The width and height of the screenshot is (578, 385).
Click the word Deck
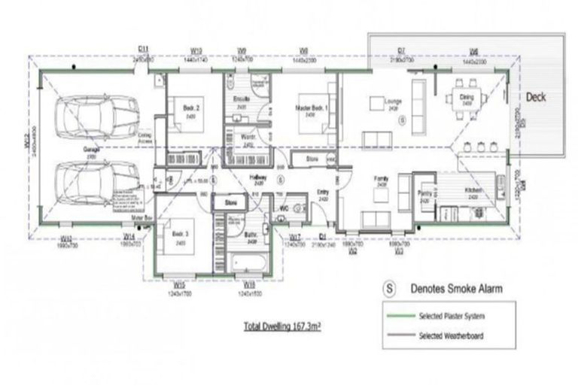[x=535, y=97]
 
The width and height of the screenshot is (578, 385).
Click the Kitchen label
[x=473, y=190]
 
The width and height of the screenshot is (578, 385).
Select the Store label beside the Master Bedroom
[x=312, y=159]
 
